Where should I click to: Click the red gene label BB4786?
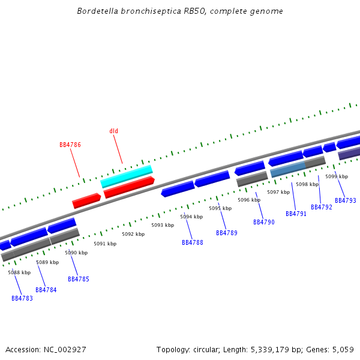(x=70, y=145)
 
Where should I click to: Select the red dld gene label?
(x=114, y=131)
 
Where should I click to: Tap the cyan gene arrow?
(x=127, y=176)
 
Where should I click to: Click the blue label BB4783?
(x=22, y=298)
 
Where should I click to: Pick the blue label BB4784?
(x=46, y=290)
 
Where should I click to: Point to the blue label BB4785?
(x=79, y=279)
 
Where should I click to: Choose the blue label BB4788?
(x=193, y=242)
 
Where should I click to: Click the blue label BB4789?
(x=227, y=233)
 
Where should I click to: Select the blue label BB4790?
(x=264, y=222)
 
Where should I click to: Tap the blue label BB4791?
(x=296, y=214)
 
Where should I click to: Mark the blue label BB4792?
(x=322, y=207)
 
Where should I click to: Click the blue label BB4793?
(x=346, y=200)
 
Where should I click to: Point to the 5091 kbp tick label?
(x=105, y=244)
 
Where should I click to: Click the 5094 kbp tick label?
(x=191, y=217)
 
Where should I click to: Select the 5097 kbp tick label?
(x=278, y=192)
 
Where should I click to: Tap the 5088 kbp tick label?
(x=19, y=272)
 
